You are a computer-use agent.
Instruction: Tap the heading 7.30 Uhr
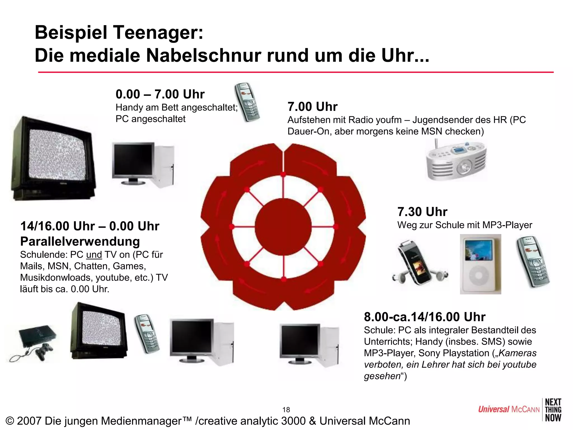[422, 212]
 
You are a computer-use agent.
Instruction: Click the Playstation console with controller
[35, 342]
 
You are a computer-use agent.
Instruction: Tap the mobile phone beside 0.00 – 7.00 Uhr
[247, 102]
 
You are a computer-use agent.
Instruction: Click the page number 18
[286, 410]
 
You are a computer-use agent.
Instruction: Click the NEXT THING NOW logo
[553, 410]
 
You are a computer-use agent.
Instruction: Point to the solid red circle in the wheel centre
[283, 227]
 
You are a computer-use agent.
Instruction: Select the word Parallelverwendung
[80, 242]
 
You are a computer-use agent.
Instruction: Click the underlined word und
[94, 255]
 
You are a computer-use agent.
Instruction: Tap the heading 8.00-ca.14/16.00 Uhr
[424, 317]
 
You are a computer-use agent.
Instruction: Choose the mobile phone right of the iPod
[533, 262]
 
